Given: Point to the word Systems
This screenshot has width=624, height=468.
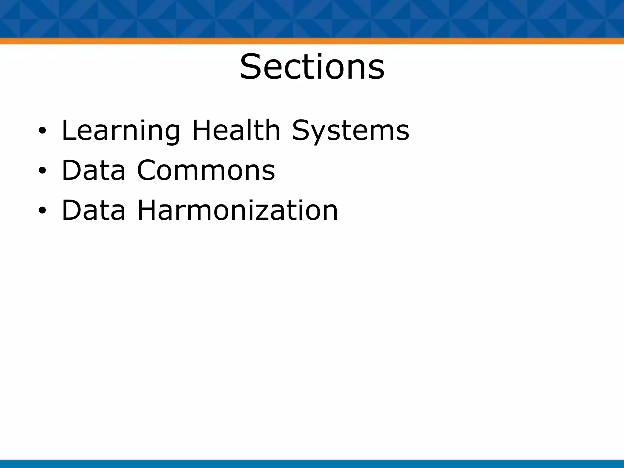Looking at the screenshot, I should tap(351, 131).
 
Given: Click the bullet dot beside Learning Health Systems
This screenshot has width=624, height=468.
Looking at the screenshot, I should tap(42, 131).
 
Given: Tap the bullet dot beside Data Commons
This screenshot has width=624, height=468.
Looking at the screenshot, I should tap(42, 171).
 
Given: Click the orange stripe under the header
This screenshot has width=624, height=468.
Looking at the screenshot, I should tap(312, 41).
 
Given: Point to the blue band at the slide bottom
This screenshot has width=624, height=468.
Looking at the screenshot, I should tap(312, 464).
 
